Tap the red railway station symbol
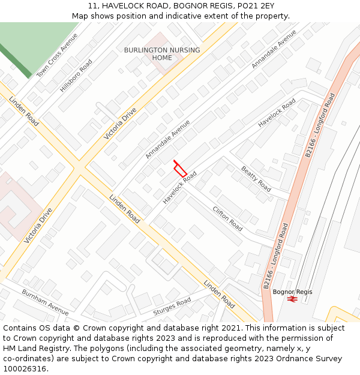click(x=292, y=299)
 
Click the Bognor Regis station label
click(x=292, y=292)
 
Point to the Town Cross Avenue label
click(x=57, y=55)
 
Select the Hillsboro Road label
click(x=76, y=76)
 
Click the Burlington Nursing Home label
click(x=162, y=54)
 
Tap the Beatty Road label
click(x=256, y=179)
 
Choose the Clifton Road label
click(x=227, y=218)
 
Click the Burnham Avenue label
click(x=45, y=301)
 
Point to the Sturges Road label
click(x=172, y=307)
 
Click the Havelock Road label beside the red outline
click(x=179, y=187)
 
